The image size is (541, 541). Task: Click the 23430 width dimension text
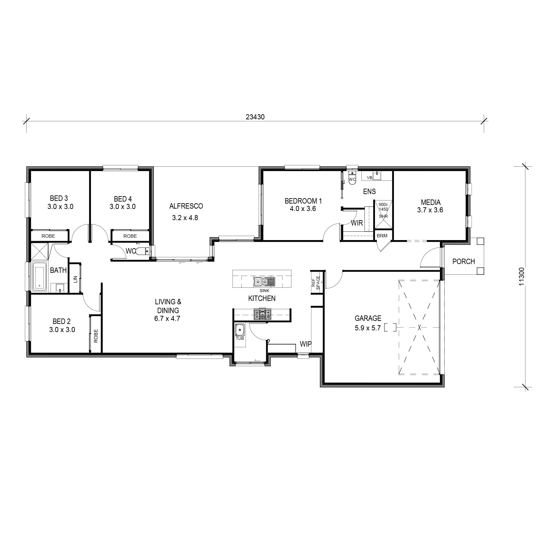255,117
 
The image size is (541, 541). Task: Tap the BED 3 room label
59,198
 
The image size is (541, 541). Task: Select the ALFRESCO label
186,206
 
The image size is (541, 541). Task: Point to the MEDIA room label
430,202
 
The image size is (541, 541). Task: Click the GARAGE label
368,318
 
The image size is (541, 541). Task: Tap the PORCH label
464,261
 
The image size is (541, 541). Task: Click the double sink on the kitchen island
264,281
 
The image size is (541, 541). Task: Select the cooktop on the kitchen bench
262,314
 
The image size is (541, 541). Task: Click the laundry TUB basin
240,330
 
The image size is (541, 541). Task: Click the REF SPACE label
315,283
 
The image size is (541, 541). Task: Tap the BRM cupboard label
382,236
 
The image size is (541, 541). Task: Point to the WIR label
357,223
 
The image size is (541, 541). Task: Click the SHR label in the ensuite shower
383,216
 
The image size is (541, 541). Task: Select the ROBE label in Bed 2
96,336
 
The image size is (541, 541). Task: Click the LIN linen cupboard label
75,279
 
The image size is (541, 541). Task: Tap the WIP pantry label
305,344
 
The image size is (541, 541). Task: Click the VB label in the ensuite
369,178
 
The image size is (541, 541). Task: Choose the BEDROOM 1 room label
303,201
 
